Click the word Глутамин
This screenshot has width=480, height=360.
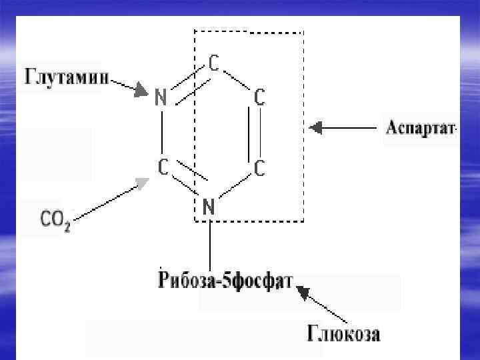click(x=66, y=75)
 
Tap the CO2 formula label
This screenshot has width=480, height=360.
click(x=55, y=219)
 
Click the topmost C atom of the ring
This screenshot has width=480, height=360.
click(x=214, y=63)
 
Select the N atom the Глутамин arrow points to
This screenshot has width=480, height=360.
click(x=160, y=97)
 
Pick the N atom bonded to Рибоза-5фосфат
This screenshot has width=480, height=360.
click(x=208, y=207)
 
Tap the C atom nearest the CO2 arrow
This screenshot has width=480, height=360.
click(x=162, y=167)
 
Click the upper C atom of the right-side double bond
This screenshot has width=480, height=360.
click(x=259, y=98)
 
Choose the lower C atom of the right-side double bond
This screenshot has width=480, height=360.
click(x=259, y=169)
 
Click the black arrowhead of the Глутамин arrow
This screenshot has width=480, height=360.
click(x=141, y=90)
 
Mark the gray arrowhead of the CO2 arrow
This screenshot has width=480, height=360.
click(x=142, y=182)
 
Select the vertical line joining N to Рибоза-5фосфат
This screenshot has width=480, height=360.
click(x=210, y=243)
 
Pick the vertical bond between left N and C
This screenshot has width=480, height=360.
click(x=161, y=132)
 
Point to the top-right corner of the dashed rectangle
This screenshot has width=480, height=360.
click(x=303, y=31)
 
